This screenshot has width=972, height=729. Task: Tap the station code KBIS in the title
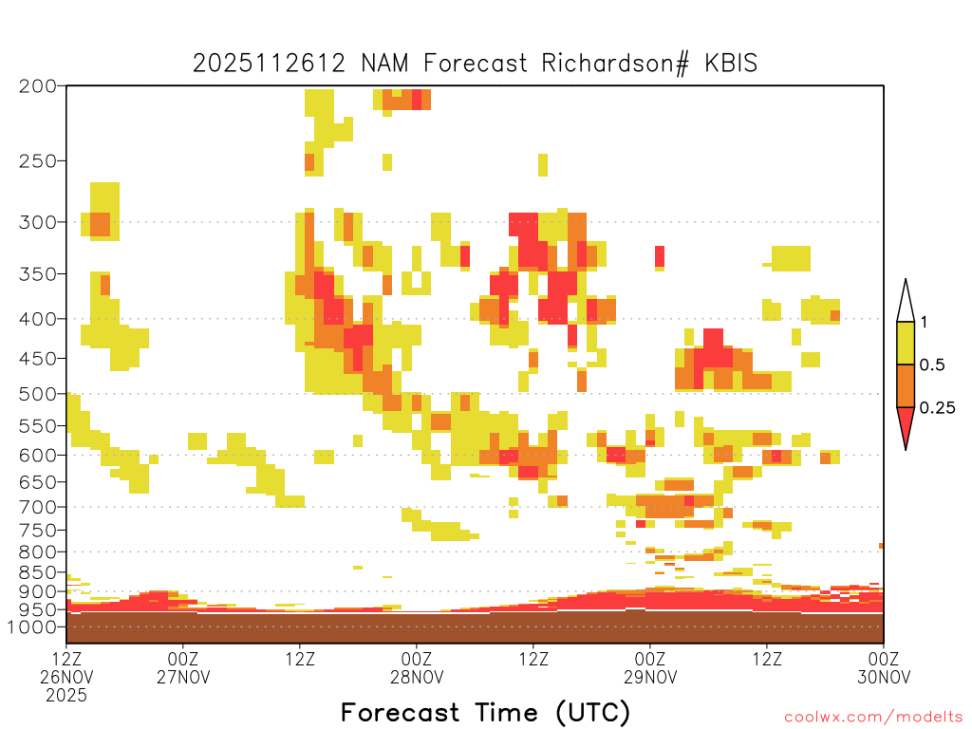pos(731,64)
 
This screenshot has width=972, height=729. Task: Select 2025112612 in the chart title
pos(269,64)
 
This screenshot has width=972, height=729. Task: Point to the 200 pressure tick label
pos(38,86)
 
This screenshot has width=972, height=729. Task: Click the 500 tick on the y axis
pos(38,394)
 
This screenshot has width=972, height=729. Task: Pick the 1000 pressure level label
pos(31,627)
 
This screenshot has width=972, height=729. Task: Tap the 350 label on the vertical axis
pos(38,274)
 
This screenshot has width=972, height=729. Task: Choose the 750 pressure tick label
pos(38,531)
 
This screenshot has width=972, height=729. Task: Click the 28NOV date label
pos(417,678)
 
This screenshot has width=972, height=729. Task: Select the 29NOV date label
pos(650,678)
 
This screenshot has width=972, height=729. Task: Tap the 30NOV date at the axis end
pos(884,678)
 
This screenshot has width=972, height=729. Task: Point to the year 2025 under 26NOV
pos(66,696)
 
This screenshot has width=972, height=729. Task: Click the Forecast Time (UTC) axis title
pos(485,713)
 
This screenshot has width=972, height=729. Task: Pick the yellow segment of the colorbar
pos(906,343)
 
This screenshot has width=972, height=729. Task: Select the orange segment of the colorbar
pos(906,385)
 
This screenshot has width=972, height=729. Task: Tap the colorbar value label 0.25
pos(937,407)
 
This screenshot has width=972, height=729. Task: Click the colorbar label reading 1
pos(924,322)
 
